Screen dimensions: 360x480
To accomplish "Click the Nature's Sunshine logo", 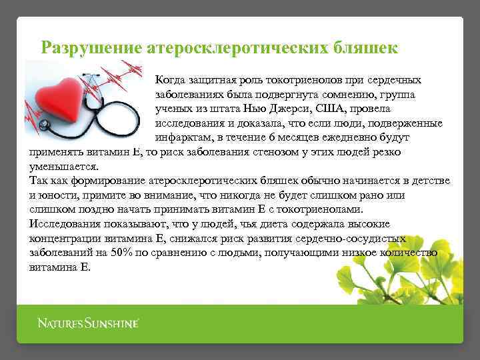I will point(87,324).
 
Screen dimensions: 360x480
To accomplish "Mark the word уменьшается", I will point(64,167).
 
